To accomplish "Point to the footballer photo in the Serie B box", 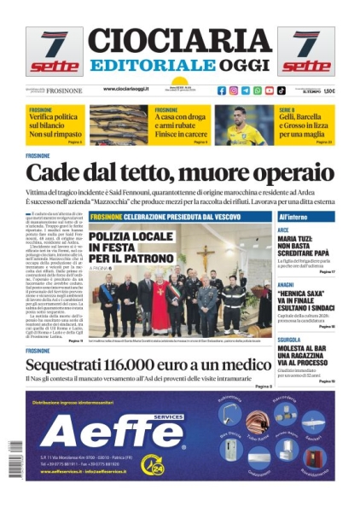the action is pyautogui.click(x=246, y=125).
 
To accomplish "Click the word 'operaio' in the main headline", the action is pyautogui.click(x=286, y=175).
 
